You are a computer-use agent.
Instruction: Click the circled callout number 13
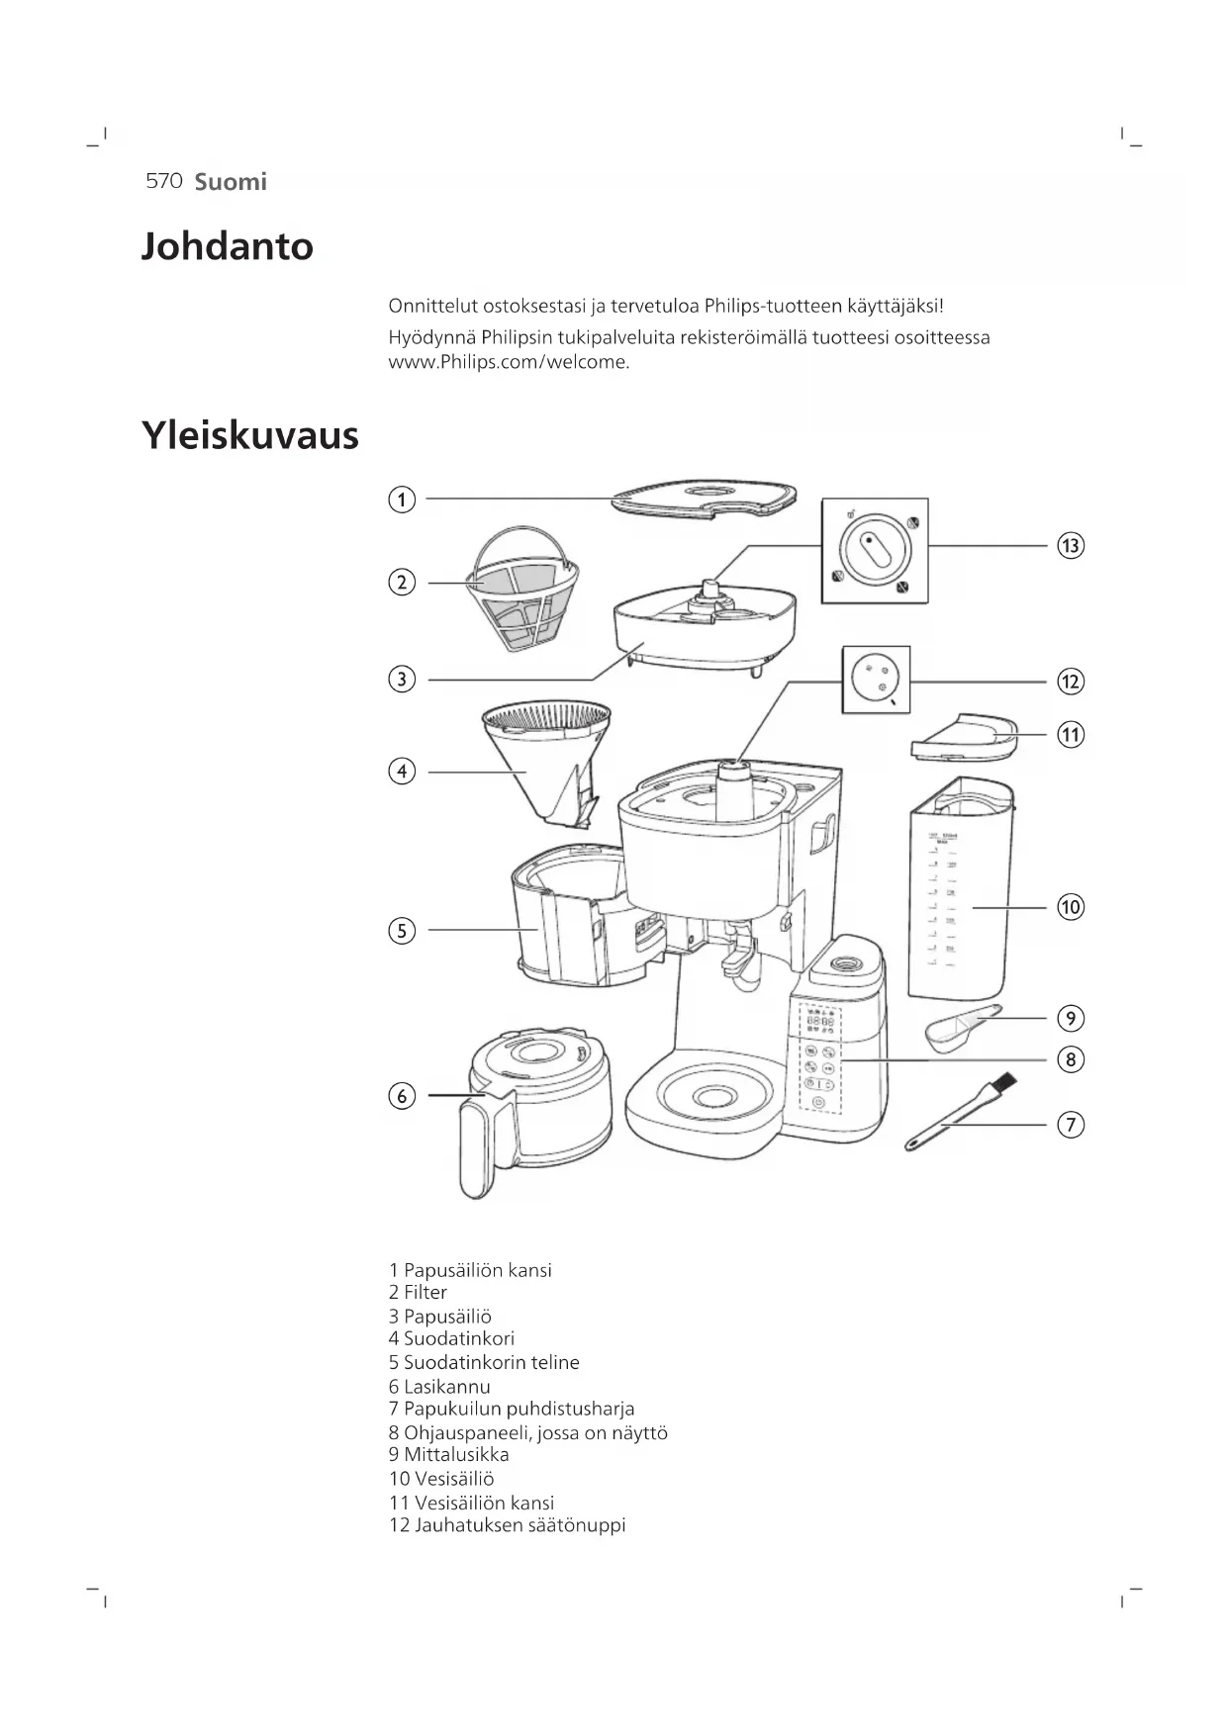coord(1070,546)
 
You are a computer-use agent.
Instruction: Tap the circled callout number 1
coord(401,500)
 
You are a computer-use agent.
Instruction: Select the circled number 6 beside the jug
coord(401,1096)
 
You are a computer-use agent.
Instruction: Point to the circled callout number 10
coord(1070,907)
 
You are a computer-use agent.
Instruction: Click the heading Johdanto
coord(228,246)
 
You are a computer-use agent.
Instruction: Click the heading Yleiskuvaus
coord(250,435)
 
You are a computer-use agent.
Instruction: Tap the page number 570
coord(163,181)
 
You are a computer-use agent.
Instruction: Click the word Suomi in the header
coord(231,182)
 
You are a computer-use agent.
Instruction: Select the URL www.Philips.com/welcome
coord(509,362)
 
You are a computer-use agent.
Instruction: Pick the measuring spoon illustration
coord(960,1026)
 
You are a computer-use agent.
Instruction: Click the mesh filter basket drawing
coord(520,590)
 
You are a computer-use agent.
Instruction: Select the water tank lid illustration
coord(963,737)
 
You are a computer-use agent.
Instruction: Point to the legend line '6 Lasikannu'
coord(439,1387)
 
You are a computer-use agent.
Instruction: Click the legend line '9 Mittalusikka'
coord(448,1454)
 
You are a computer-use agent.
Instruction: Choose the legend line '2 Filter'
coord(418,1292)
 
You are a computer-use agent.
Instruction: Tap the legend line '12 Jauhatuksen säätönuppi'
coord(507,1525)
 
